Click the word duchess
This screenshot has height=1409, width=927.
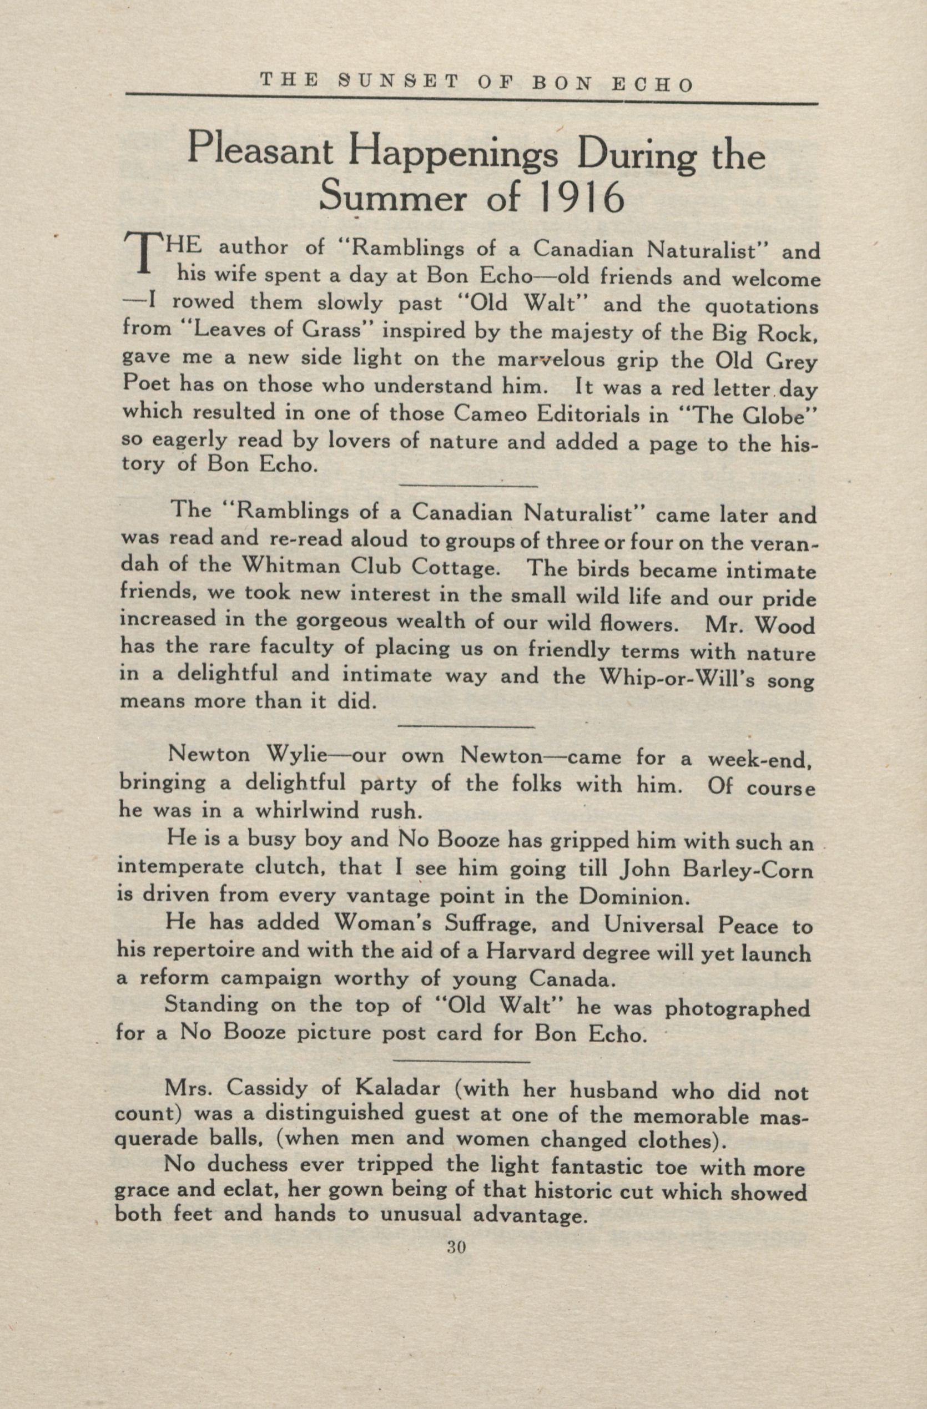(241, 1185)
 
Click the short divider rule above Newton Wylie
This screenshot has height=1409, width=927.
(467, 726)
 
